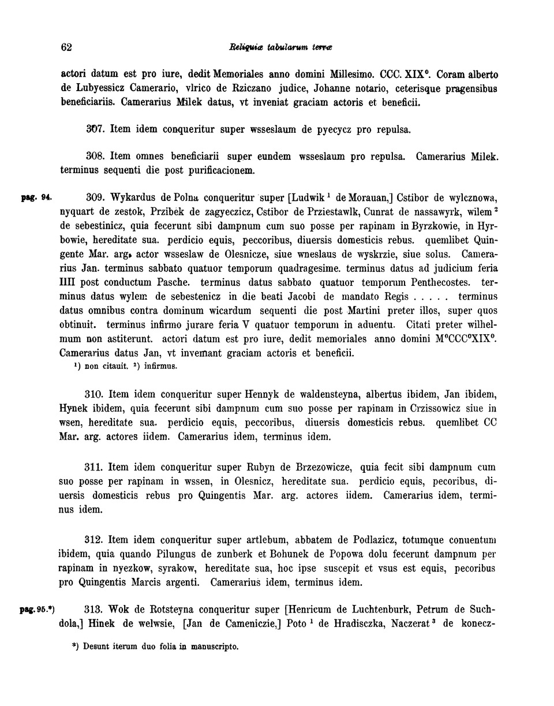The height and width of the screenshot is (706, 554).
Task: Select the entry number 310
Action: click(94, 394)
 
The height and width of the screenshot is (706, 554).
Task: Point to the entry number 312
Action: click(94, 541)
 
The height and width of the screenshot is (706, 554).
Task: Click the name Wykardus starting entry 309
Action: click(133, 197)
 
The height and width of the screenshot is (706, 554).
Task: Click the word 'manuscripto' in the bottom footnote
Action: click(212, 647)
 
